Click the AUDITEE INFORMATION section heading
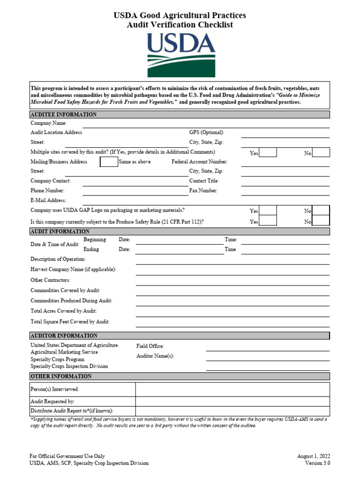pyautogui.click(x=64, y=114)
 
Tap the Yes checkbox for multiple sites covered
pyautogui.click(x=268, y=152)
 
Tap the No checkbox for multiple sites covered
pyautogui.click(x=321, y=152)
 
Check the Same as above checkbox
pyautogui.click(x=109, y=162)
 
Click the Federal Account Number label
pyautogui.click(x=199, y=162)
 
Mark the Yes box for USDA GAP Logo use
pyautogui.click(x=268, y=210)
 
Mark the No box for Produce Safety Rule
pyautogui.click(x=321, y=221)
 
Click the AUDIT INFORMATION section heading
pyautogui.click(x=60, y=232)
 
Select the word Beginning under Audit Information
pyautogui.click(x=95, y=240)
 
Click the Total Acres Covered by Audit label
pyautogui.click(x=63, y=311)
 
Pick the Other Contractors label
pyautogui.click(x=50, y=280)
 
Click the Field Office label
pyautogui.click(x=150, y=346)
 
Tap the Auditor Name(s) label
pyautogui.click(x=155, y=356)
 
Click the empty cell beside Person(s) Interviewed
pyautogui.click(x=232, y=390)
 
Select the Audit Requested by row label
pyautogui.click(x=52, y=402)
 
